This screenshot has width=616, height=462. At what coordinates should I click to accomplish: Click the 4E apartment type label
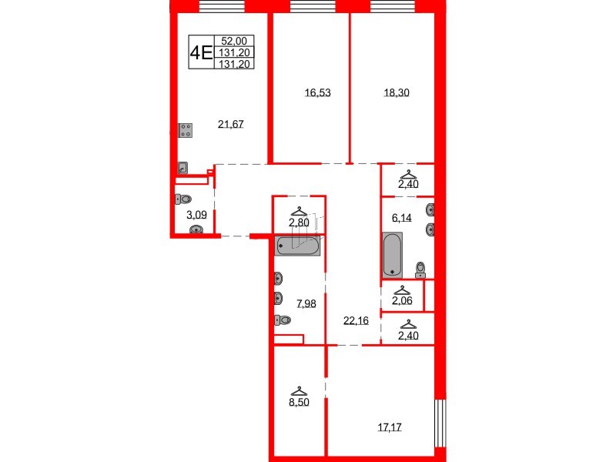203,52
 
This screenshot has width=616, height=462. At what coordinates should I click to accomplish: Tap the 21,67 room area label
231,123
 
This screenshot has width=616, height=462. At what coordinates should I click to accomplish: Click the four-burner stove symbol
186,131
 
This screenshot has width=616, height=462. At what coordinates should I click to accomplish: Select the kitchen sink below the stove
182,167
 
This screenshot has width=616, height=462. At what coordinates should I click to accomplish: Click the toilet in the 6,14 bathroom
420,268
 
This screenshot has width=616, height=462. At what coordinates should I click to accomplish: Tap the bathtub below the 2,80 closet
297,246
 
